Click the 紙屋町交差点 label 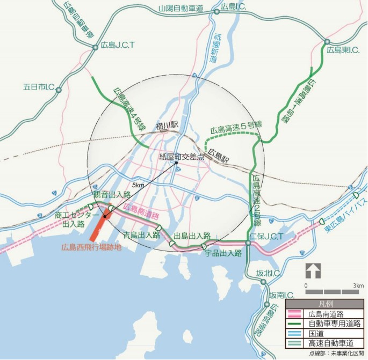pyautogui.click(x=182, y=156)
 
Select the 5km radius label pyautogui.click(x=138, y=185)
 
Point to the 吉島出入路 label pyautogui.click(x=142, y=234)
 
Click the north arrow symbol pyautogui.click(x=313, y=270)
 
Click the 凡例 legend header pyautogui.click(x=324, y=304)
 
